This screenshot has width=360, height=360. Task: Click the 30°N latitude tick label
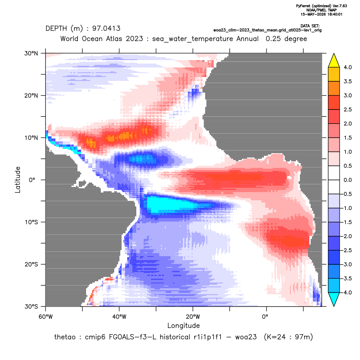(31, 53)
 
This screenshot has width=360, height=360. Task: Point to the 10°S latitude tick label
(31, 222)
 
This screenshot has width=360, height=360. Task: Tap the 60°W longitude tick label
(45, 317)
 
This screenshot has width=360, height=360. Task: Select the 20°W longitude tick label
(193, 317)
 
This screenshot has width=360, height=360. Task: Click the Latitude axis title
(18, 180)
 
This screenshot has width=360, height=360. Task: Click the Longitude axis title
(183, 325)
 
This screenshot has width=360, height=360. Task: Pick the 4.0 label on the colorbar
(347, 67)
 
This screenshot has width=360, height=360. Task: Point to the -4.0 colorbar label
(347, 292)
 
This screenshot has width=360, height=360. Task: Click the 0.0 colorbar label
(347, 180)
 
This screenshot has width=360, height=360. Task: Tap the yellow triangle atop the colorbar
(334, 61)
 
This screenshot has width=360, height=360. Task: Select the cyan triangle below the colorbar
(334, 299)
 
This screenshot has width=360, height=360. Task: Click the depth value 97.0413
(106, 29)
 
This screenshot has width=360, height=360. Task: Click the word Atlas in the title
(114, 39)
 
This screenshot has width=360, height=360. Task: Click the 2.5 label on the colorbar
(347, 109)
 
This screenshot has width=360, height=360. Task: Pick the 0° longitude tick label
(265, 317)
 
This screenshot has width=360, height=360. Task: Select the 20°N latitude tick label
(31, 96)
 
